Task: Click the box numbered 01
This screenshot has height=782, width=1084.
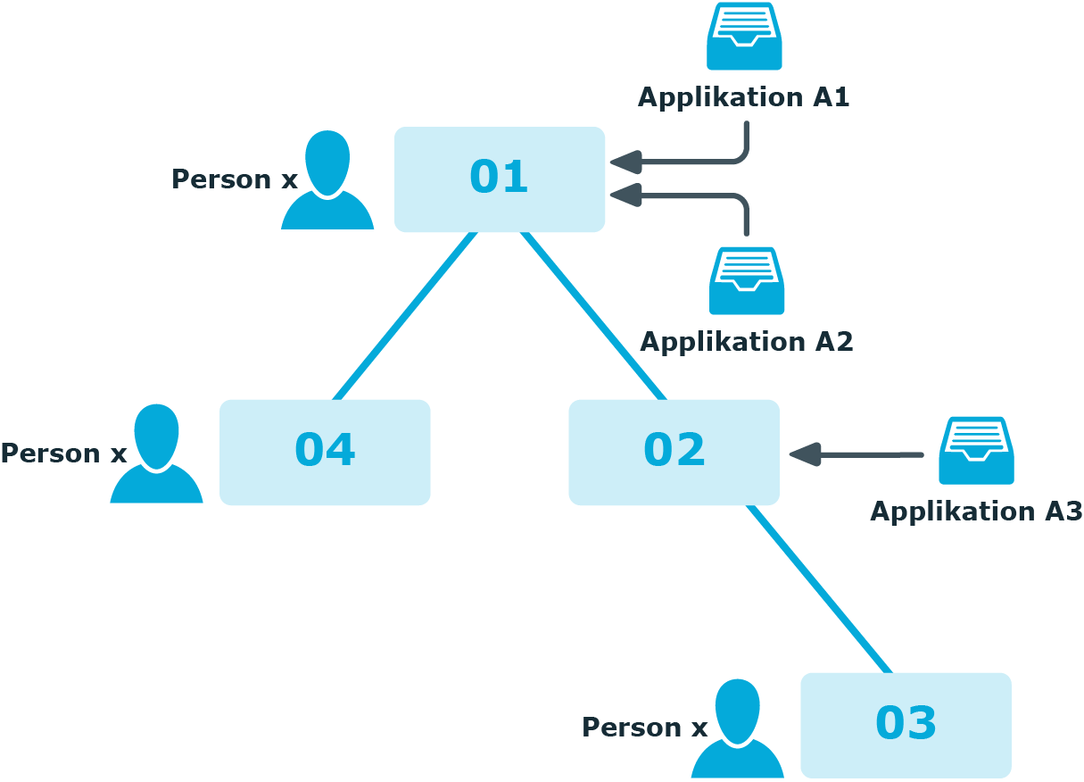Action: point(500,179)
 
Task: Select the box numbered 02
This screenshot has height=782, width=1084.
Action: point(674,453)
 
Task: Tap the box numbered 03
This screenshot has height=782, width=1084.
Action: point(906,725)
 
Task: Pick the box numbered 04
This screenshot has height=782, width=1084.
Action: point(325,453)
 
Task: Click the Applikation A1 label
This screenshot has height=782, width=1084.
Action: point(743,98)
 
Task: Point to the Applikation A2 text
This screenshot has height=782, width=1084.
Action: point(746,343)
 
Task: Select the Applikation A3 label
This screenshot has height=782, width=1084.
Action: point(976,512)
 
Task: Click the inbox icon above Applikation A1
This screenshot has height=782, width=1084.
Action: point(744,37)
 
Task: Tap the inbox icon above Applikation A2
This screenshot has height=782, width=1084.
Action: point(747,281)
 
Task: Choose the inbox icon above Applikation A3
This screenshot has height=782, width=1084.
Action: point(977,450)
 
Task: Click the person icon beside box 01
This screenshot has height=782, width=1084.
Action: point(327,179)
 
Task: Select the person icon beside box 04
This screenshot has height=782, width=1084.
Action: point(156,453)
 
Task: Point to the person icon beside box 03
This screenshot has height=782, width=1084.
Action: point(738,728)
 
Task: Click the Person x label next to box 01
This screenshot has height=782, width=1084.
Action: point(235,179)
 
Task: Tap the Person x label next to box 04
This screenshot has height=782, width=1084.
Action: point(64,453)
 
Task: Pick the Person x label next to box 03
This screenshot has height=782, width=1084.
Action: point(644,728)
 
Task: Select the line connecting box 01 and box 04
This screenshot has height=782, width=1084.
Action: point(405,316)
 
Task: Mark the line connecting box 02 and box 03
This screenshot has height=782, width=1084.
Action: point(819,589)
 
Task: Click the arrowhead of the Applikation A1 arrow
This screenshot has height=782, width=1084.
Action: point(626,162)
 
